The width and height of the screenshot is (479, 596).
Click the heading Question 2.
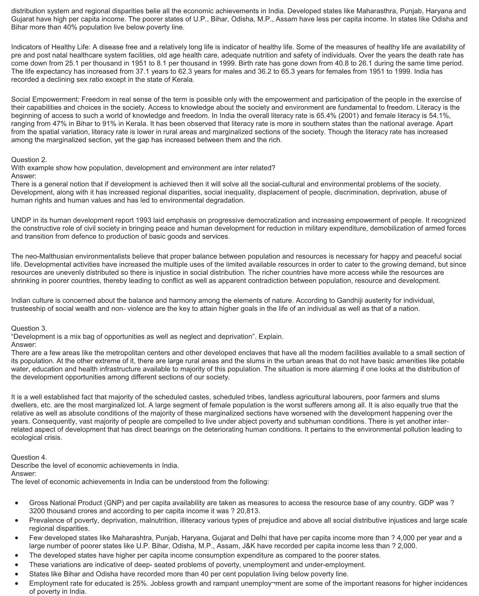29,160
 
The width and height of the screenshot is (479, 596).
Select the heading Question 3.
29,328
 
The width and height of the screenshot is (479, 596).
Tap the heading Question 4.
29,457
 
